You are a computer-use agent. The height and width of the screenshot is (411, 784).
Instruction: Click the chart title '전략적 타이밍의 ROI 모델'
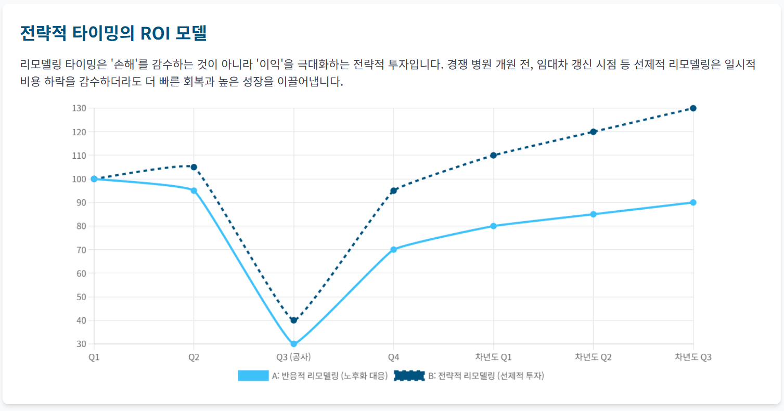pyautogui.click(x=113, y=33)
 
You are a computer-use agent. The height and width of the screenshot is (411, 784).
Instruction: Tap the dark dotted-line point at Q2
pyautogui.click(x=194, y=167)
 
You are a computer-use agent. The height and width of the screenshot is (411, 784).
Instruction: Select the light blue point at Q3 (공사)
pyautogui.click(x=294, y=344)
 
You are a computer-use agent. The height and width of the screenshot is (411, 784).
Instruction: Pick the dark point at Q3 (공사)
pyautogui.click(x=294, y=320)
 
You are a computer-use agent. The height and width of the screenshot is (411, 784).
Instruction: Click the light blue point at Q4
pyautogui.click(x=393, y=250)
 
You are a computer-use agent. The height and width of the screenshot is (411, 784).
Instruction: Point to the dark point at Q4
pyautogui.click(x=393, y=190)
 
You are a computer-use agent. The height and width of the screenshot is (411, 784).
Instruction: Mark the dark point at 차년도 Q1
pyautogui.click(x=493, y=155)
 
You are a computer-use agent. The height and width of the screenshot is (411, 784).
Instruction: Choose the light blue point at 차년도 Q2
pyautogui.click(x=593, y=214)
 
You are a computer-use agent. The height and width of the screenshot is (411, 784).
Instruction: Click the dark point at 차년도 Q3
pyautogui.click(x=693, y=108)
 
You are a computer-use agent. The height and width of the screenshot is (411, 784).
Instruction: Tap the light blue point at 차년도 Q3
pyautogui.click(x=693, y=202)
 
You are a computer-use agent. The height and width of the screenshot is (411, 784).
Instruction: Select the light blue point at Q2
pyautogui.click(x=194, y=190)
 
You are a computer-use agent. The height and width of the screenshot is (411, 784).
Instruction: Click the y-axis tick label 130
pyautogui.click(x=80, y=108)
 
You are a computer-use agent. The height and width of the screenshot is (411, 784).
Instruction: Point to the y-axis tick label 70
pyautogui.click(x=82, y=250)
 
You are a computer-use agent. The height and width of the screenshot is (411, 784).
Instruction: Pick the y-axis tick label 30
pyautogui.click(x=82, y=344)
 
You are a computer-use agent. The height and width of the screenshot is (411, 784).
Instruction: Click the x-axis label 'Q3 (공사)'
pyautogui.click(x=294, y=357)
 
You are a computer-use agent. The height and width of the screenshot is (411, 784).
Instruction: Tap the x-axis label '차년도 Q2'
pyautogui.click(x=593, y=357)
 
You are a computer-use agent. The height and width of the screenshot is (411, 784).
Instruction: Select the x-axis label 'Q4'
pyautogui.click(x=393, y=357)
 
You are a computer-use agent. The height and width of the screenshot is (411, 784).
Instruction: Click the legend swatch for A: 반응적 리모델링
pyautogui.click(x=253, y=376)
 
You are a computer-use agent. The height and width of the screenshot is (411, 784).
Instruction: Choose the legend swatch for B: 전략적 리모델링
pyautogui.click(x=409, y=376)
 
